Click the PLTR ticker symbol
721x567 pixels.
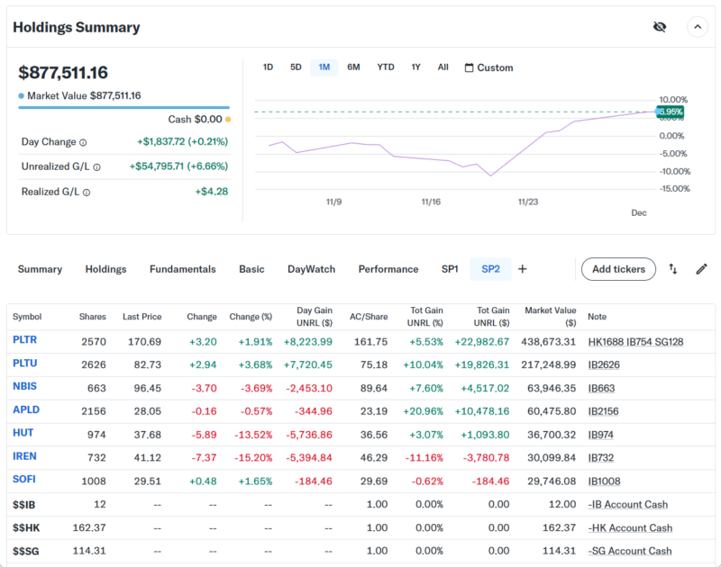click(25, 340)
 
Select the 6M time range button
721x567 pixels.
click(353, 67)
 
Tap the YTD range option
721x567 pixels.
click(386, 67)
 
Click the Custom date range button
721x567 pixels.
click(488, 67)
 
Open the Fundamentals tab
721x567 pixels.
click(182, 269)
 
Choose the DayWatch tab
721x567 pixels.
click(311, 269)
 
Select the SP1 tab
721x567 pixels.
click(450, 269)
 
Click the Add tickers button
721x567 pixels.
click(618, 269)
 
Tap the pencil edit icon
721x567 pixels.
click(701, 269)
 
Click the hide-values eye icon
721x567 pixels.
click(660, 27)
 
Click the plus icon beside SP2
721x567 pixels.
click(523, 269)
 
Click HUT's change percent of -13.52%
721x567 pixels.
click(253, 434)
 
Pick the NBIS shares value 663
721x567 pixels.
click(95, 387)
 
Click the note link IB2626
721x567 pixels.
click(603, 364)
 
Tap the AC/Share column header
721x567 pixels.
click(369, 317)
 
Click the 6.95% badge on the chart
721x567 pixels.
click(670, 112)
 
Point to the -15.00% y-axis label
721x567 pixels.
click(674, 189)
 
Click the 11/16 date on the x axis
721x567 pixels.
click(430, 202)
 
